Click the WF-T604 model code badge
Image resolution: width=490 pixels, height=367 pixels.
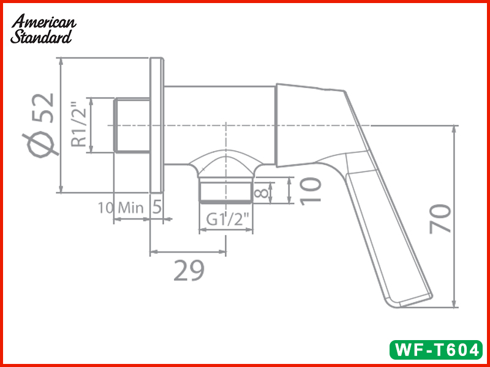pos(437,350)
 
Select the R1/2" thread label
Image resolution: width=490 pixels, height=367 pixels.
pos(78,125)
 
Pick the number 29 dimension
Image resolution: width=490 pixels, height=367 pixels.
pos(188,270)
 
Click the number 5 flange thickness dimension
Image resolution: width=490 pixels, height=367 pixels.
pos(157,207)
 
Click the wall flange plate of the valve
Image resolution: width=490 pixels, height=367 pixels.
pos(157,125)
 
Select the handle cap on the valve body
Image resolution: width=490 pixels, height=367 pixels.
pos(306,122)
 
